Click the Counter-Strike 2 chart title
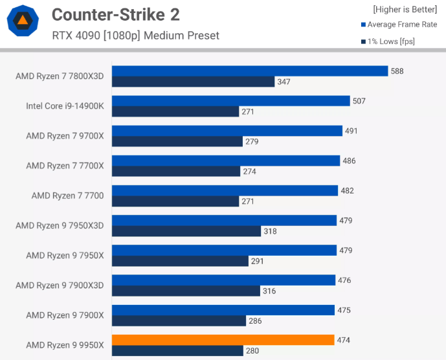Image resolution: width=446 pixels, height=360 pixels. tap(115, 14)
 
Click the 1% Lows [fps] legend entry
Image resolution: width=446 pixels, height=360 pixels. tap(390, 41)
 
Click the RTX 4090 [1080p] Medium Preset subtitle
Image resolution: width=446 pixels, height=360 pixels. tap(136, 35)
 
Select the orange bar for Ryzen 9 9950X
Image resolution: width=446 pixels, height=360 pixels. tap(223, 340)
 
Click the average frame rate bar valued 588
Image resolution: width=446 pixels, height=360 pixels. tap(249, 71)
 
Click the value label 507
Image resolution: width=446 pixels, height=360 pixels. tap(359, 101)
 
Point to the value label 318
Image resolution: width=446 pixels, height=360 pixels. tap(270, 231)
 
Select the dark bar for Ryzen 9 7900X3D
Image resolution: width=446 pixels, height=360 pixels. tap(186, 291)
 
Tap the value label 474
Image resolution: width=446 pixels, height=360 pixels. tap(344, 340)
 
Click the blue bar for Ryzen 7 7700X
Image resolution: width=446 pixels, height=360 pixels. tap(226, 161)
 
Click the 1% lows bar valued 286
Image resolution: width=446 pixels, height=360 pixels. tap(179, 321)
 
